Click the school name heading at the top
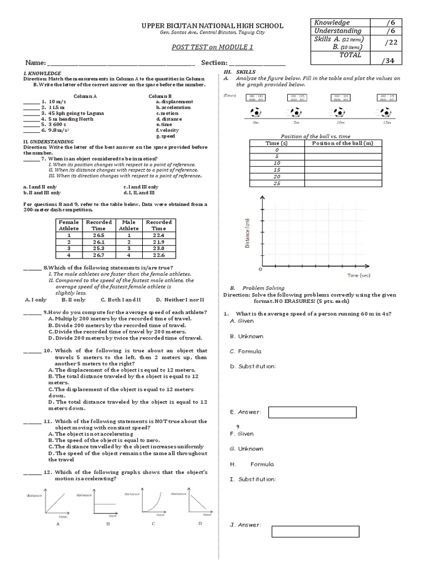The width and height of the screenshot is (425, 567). pyautogui.click(x=213, y=25)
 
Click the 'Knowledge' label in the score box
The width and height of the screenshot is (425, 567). pyautogui.click(x=332, y=22)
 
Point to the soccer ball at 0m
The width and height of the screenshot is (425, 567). pyautogui.click(x=255, y=112)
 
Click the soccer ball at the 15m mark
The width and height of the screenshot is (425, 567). pyautogui.click(x=385, y=112)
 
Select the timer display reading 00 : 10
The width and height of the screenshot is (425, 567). pyautogui.click(x=341, y=97)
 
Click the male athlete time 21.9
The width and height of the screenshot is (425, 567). pyautogui.click(x=159, y=242)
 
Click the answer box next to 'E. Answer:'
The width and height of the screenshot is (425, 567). pyautogui.click(x=312, y=412)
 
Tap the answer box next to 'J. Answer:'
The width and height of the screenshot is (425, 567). pyautogui.click(x=314, y=531)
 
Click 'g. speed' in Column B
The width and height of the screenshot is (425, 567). pyautogui.click(x=166, y=136)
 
